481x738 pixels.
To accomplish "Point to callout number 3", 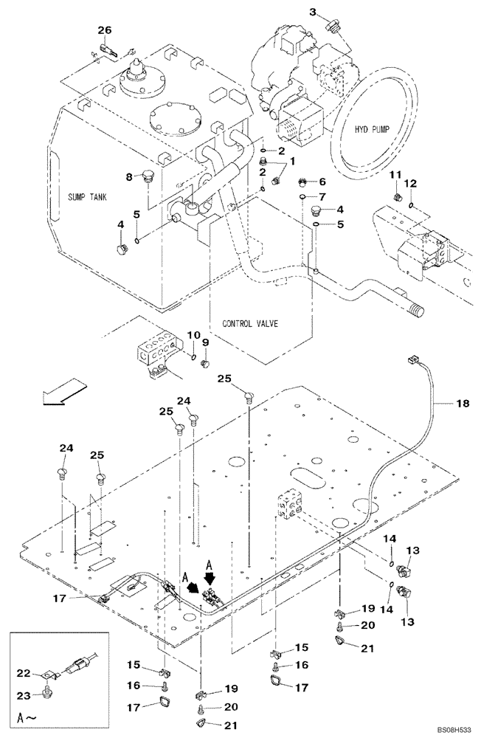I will coord(313,11).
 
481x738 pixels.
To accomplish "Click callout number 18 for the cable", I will coord(462,404).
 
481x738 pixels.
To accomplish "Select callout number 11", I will coord(395,174).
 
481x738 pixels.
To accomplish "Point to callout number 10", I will coord(194,335).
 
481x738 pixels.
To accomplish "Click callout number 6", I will coord(322,182).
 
